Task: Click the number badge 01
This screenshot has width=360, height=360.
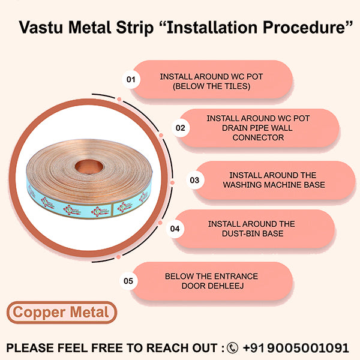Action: coord(130,80)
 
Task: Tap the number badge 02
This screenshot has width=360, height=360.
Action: coord(180,128)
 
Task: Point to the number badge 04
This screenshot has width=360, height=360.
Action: coord(175,229)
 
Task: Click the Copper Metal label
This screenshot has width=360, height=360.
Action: coord(61,313)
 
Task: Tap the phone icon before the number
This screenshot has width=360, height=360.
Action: coord(232,347)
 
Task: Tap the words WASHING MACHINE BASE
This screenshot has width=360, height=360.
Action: coord(274,185)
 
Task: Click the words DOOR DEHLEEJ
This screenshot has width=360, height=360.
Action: coord(212,285)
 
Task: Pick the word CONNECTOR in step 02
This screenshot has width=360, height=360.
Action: coord(258,137)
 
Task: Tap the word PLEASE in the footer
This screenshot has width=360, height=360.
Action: coord(30,347)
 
